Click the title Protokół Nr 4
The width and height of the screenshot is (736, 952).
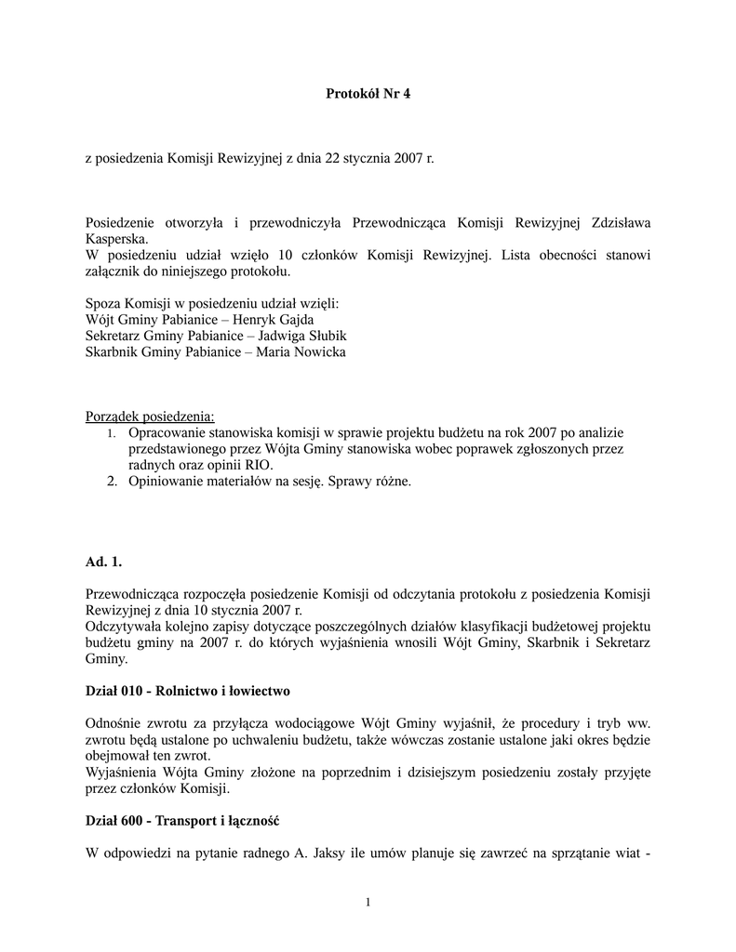(x=368, y=93)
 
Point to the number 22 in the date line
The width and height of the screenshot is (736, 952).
(x=332, y=158)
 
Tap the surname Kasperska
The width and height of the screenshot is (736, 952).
(x=116, y=239)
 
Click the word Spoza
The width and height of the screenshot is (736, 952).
(x=102, y=304)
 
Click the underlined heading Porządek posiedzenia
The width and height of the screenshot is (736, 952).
(x=150, y=416)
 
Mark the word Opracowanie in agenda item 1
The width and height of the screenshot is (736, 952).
(x=170, y=432)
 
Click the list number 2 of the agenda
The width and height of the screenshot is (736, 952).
(x=111, y=482)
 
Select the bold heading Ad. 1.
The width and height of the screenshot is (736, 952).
(x=103, y=562)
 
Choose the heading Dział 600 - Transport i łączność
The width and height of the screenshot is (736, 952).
(x=182, y=822)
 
